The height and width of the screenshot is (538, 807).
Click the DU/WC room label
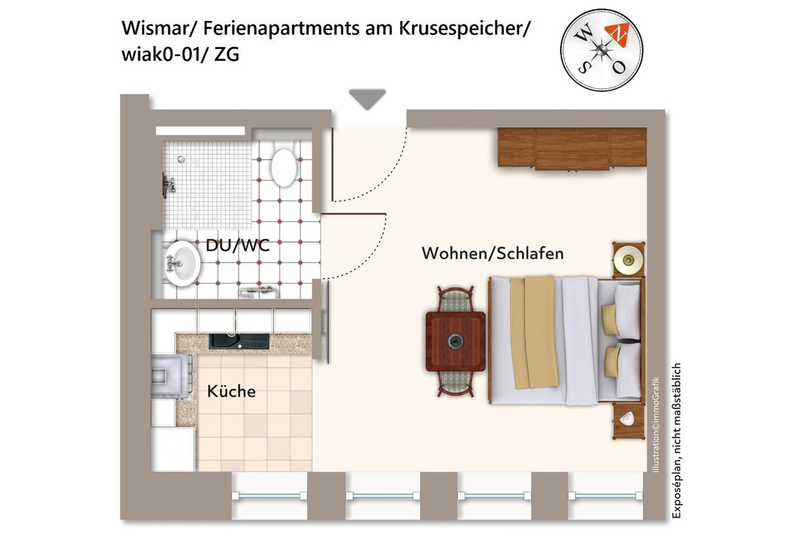point(237,246)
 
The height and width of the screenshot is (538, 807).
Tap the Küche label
point(232,391)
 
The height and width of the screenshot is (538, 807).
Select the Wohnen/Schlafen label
point(493,253)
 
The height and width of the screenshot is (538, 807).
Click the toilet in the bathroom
point(284,165)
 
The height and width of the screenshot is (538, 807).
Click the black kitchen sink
point(239,341)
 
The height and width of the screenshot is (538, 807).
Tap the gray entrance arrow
point(367,99)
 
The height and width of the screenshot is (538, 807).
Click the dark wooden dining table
point(456,341)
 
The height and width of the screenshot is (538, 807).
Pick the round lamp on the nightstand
point(628,260)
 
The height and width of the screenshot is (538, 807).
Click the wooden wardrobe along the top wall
point(572,148)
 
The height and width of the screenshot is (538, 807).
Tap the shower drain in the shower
point(181,159)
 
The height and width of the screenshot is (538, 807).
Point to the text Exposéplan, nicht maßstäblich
point(676,441)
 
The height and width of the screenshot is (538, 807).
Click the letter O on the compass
point(619,67)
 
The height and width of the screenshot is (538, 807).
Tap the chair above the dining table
point(456,299)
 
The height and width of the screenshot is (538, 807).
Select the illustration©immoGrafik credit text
point(656,424)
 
